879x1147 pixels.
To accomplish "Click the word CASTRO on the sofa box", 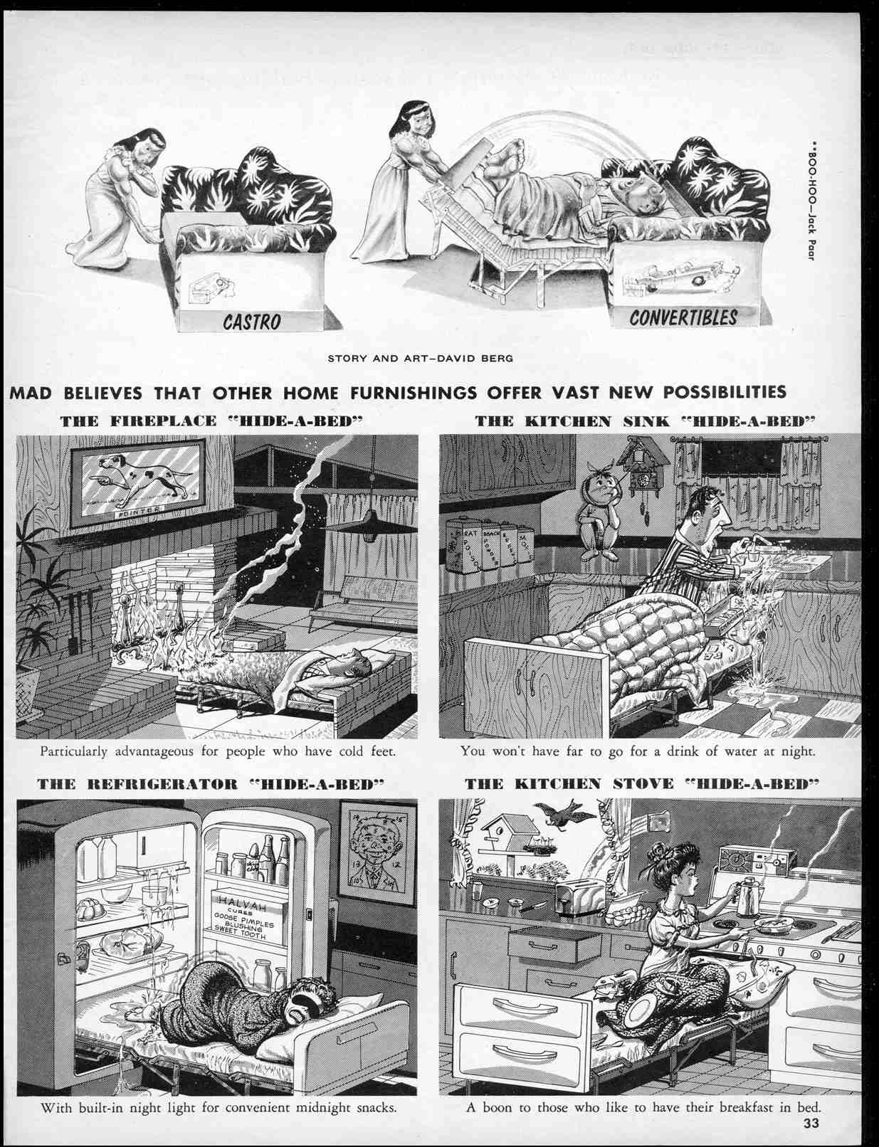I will click(252, 322).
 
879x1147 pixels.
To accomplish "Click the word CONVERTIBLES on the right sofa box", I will click(683, 317).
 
